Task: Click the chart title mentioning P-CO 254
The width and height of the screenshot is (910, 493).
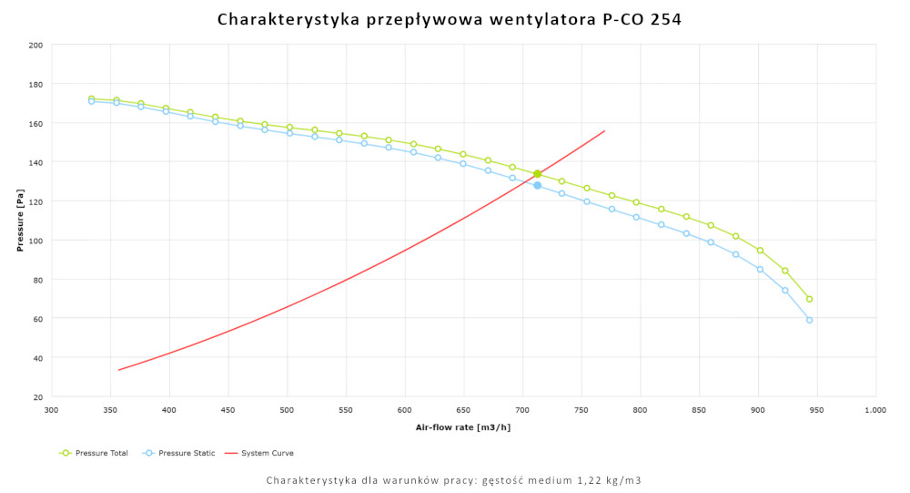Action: [x=450, y=19]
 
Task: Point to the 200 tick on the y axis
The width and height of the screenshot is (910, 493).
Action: [x=35, y=45]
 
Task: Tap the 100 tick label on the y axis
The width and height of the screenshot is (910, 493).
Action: [x=35, y=241]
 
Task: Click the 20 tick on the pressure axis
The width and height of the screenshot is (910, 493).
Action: [x=37, y=397]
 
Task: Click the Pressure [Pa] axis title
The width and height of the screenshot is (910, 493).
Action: [x=20, y=221]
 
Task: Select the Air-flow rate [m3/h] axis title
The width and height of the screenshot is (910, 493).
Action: [x=463, y=427]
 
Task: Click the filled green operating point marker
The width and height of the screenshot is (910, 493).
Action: [x=538, y=174]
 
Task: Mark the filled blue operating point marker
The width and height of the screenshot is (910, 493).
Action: [x=538, y=185]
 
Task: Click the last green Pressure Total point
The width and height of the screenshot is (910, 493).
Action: [x=809, y=299]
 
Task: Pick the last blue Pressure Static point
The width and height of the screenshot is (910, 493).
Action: [x=809, y=320]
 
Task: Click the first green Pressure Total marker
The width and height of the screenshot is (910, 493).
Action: [x=91, y=98]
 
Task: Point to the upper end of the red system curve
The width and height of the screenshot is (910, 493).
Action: [x=605, y=130]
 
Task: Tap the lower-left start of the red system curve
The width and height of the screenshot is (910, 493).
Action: [x=118, y=370]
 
